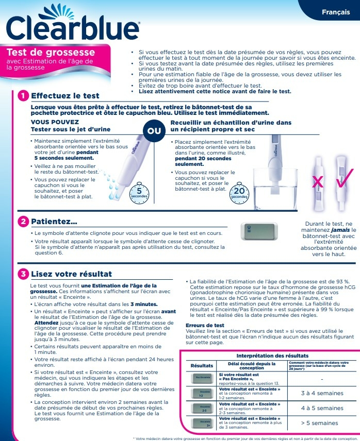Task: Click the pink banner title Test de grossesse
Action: tap(51, 53)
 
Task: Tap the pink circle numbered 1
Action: tap(23, 96)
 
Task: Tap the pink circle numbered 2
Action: tap(23, 222)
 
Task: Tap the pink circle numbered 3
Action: tap(23, 274)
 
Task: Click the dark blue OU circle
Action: tap(154, 131)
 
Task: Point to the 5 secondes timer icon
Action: tap(139, 192)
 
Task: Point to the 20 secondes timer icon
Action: tap(239, 192)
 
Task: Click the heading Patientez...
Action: tap(54, 222)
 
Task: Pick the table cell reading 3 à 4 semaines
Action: tap(322, 393)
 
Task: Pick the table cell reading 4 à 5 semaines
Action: tap(322, 408)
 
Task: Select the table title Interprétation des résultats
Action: tap(272, 355)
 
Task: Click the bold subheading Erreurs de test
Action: tap(205, 325)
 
